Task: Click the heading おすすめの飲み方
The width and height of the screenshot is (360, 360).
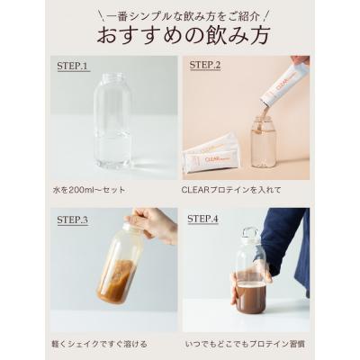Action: (x=180, y=37)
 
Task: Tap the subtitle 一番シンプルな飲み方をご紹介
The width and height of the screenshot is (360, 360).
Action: (x=180, y=13)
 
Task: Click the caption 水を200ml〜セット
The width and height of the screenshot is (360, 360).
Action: (x=90, y=191)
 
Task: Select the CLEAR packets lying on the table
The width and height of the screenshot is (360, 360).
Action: (x=212, y=155)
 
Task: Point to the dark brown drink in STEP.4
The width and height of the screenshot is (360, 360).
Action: (x=251, y=297)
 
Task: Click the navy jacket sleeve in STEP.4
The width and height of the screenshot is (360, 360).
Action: (x=288, y=238)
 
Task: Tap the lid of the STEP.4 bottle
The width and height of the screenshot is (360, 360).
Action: (x=250, y=237)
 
